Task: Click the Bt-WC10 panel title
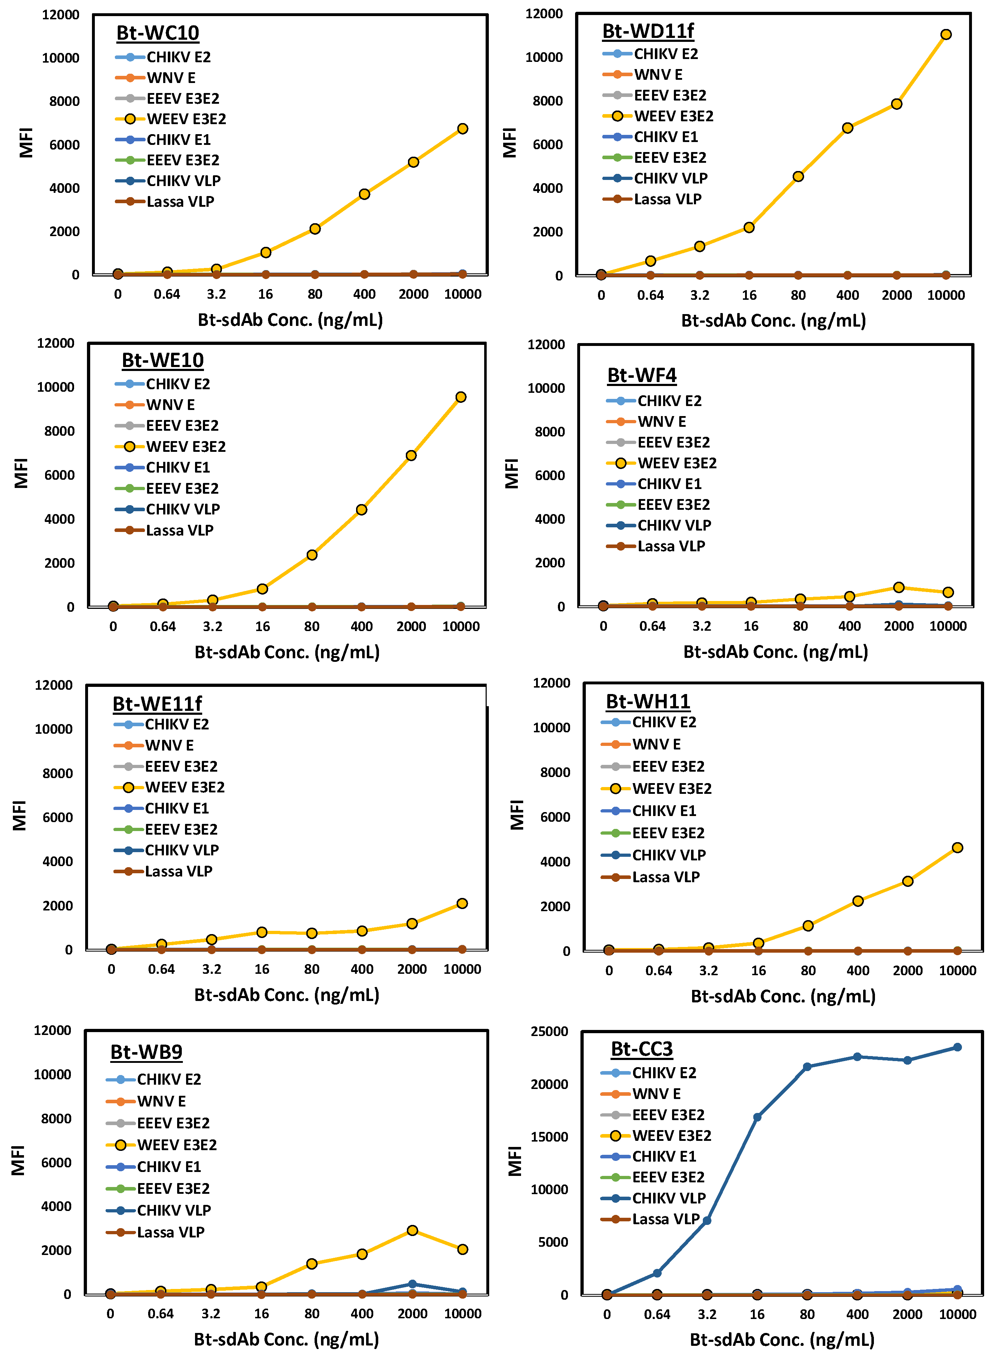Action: pyautogui.click(x=157, y=33)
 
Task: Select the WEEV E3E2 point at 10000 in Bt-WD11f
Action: pyautogui.click(x=946, y=34)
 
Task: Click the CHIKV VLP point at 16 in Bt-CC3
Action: pyautogui.click(x=757, y=1117)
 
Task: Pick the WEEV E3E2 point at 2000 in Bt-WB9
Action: pyautogui.click(x=412, y=1230)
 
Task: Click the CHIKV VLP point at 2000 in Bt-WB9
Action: pyautogui.click(x=412, y=1284)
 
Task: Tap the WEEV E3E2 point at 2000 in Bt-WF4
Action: pyautogui.click(x=899, y=587)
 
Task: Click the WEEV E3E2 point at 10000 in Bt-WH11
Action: pyautogui.click(x=957, y=847)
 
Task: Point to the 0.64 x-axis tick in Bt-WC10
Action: pyautogui.click(x=166, y=294)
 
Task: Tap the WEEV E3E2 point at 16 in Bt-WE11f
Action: pyautogui.click(x=261, y=932)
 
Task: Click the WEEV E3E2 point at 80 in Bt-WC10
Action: pyautogui.click(x=315, y=229)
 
